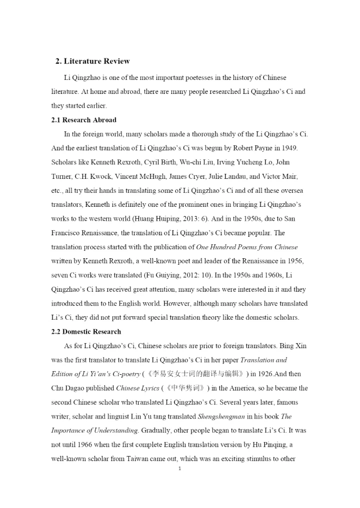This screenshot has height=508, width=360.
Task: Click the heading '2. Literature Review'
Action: tap(92, 61)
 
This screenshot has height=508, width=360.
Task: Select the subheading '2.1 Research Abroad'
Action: tap(84, 120)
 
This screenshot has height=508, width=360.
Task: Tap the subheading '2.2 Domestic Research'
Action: tap(86, 331)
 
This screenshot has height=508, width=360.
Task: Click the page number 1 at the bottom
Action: tap(179, 469)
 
